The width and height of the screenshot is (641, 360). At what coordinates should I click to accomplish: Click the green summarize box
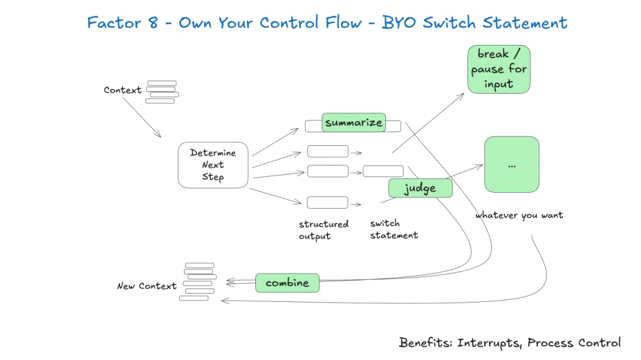354,122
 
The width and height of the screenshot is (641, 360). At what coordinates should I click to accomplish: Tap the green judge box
420,188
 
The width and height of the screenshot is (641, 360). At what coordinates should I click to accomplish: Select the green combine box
287,283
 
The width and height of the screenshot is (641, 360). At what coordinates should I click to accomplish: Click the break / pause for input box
499,69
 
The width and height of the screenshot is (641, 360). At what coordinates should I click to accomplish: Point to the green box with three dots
512,164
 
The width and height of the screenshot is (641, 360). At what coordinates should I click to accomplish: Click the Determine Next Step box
213,165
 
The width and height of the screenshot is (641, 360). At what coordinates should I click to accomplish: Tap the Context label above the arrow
122,90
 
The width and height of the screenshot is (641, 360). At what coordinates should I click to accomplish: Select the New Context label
147,286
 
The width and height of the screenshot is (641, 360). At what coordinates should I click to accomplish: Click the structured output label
323,230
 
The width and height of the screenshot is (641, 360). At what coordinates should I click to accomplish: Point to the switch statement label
394,230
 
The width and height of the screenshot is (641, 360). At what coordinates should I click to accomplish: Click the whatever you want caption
519,215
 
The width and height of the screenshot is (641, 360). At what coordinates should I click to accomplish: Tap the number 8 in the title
153,23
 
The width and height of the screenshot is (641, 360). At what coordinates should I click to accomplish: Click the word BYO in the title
399,23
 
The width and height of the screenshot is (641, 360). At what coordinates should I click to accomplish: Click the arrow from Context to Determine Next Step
142,117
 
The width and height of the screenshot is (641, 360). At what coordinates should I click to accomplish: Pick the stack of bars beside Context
162,92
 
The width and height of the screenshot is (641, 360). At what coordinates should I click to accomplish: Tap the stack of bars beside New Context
198,282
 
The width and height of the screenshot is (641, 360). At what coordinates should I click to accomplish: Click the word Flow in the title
344,23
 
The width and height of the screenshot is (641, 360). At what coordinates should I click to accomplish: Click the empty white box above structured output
328,202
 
